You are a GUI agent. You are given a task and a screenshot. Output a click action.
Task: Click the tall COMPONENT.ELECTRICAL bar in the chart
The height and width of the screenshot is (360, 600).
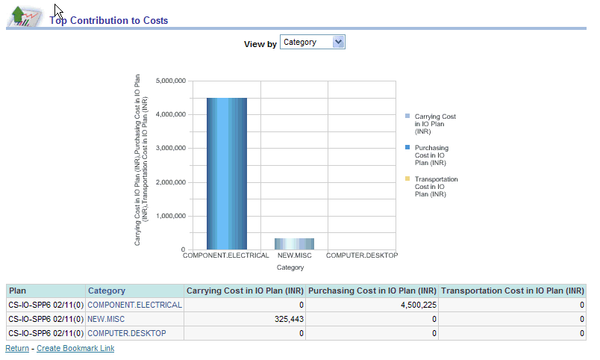tap(226, 173)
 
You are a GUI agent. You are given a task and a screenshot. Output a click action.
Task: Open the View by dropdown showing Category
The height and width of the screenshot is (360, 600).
tap(313, 43)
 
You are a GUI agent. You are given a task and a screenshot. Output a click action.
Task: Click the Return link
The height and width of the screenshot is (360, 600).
tap(17, 348)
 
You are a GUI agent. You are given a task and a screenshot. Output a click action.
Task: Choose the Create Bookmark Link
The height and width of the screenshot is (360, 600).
tap(75, 348)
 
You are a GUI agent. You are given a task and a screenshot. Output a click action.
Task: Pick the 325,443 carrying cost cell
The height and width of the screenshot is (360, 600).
tap(287, 319)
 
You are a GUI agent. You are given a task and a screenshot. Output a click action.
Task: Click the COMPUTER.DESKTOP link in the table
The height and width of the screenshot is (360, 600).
tap(127, 333)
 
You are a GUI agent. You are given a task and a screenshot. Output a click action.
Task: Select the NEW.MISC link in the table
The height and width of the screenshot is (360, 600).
tap(105, 319)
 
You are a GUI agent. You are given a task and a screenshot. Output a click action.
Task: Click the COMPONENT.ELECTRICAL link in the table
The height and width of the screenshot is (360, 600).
tap(134, 305)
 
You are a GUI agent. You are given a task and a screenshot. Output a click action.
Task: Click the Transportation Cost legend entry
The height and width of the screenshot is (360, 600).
tap(436, 187)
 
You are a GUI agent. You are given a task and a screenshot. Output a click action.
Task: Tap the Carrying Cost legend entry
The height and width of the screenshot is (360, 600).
tap(434, 124)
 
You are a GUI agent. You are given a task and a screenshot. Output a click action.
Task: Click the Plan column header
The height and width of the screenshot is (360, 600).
tap(18, 291)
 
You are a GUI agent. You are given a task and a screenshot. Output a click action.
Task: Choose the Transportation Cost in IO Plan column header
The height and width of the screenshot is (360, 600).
tap(512, 291)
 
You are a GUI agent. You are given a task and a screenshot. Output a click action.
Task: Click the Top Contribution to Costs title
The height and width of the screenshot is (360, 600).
tap(109, 21)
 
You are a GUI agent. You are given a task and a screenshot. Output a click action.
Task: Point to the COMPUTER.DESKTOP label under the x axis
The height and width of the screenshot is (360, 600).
tap(362, 255)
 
